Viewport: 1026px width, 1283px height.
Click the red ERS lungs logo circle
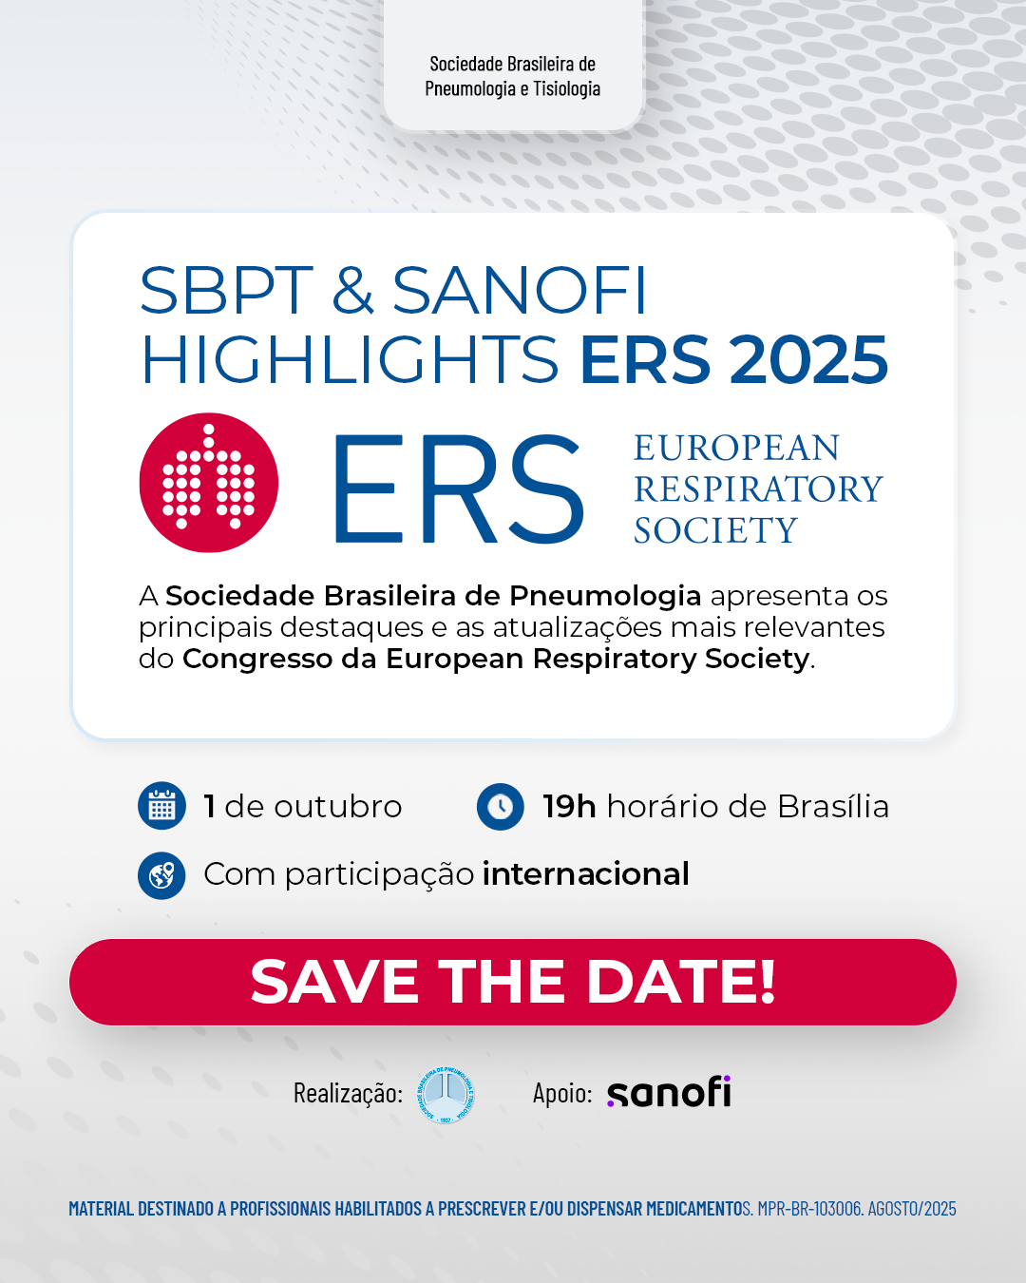coord(209,483)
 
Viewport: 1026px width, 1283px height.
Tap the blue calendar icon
coord(161,806)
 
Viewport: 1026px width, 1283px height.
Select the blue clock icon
coord(501,806)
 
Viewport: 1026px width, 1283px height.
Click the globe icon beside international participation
coord(161,875)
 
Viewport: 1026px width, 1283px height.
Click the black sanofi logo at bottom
coord(669,1092)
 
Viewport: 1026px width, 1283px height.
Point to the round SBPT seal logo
coord(446,1095)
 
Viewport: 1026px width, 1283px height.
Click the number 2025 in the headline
coord(808,359)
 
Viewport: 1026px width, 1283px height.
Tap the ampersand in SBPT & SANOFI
coord(352,291)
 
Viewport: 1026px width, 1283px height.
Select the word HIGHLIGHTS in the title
coord(350,359)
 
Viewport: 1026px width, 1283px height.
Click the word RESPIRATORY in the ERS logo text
coord(758,488)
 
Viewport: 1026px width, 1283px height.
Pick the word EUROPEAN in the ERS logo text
coord(736,448)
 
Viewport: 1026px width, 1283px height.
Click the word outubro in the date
coord(338,807)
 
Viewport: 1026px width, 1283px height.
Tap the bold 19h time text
coord(569,807)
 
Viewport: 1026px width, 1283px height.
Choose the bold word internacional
coord(586,874)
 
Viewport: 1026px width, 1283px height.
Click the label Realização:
coord(348,1094)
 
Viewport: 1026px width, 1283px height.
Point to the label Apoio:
coord(562,1093)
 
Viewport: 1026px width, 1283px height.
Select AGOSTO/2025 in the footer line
coord(912,1209)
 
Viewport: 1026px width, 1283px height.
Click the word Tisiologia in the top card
coord(566,88)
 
